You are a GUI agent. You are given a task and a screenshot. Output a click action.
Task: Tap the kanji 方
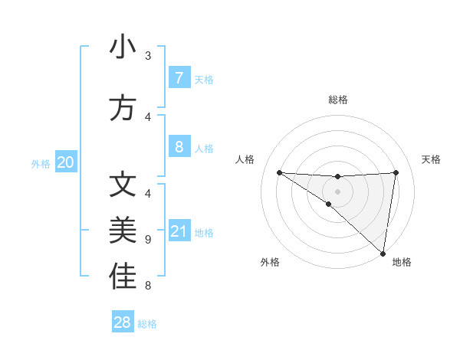click(123, 107)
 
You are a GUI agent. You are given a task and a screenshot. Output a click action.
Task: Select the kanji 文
click(123, 185)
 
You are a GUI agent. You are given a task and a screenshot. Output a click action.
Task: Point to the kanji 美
click(123, 231)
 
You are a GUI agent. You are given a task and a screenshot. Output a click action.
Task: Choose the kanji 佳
click(123, 277)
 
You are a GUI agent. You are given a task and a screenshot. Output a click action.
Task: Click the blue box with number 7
click(179, 78)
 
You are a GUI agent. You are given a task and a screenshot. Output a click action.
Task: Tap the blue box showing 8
click(179, 147)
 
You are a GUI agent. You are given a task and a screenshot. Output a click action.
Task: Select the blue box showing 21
click(179, 231)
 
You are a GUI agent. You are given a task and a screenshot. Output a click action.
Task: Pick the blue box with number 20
click(66, 162)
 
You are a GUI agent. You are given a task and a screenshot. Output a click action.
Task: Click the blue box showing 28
click(123, 322)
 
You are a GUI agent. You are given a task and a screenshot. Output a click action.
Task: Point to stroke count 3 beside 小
click(148, 56)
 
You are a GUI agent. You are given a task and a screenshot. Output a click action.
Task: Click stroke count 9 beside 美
click(148, 239)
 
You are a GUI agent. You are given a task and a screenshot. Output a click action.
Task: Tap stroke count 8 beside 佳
click(148, 286)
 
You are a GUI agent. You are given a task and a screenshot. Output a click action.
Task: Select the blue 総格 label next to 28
click(147, 324)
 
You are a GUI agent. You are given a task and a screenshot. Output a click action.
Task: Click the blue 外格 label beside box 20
click(41, 164)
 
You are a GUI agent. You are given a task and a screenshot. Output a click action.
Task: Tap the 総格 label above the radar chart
click(338, 100)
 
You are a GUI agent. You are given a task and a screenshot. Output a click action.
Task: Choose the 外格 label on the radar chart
click(270, 262)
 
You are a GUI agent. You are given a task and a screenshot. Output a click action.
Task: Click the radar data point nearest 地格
click(383, 254)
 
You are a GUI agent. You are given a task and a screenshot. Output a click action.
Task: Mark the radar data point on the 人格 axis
click(279, 172)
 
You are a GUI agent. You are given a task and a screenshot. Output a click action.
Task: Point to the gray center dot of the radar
click(337, 191)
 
